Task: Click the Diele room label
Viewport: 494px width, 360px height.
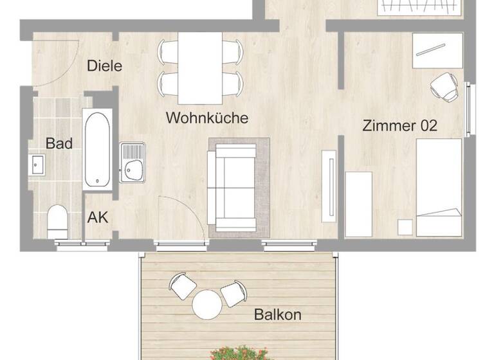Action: pos(105,66)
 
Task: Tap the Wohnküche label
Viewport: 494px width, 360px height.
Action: pos(207,118)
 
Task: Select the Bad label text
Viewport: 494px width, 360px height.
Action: pos(59,143)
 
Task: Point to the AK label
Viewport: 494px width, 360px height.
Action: pos(98,217)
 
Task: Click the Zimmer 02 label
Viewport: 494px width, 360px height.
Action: pos(399,125)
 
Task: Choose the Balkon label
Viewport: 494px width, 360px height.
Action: pos(278,315)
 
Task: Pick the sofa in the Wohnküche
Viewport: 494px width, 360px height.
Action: pos(235,187)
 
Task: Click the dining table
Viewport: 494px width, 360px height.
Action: pos(200,68)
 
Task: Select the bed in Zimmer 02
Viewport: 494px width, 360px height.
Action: pos(439,186)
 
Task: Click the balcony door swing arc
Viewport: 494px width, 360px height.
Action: pos(183,219)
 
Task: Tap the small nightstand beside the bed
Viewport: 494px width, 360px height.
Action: pos(405,227)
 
